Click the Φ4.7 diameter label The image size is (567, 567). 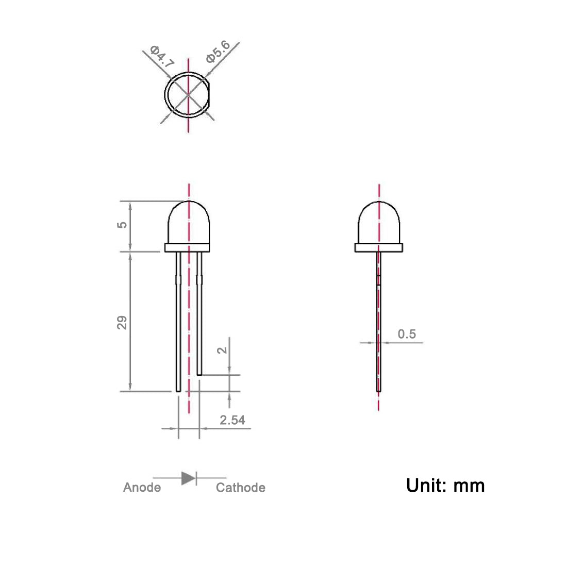pyautogui.click(x=162, y=57)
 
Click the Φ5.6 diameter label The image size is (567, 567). pyautogui.click(x=218, y=52)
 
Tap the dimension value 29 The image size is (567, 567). pyautogui.click(x=122, y=323)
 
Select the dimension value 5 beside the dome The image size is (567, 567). pyautogui.click(x=122, y=225)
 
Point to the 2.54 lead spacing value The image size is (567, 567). pyautogui.click(x=232, y=420)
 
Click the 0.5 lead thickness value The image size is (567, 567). pyautogui.click(x=407, y=334)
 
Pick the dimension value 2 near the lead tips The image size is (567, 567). pyautogui.click(x=222, y=350)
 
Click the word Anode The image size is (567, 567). pyautogui.click(x=142, y=488)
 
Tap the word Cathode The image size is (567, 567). pyautogui.click(x=240, y=488)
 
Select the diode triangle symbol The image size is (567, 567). pyautogui.click(x=188, y=478)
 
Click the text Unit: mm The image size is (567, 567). pyautogui.click(x=445, y=486)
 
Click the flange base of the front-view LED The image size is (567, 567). pyautogui.click(x=188, y=248)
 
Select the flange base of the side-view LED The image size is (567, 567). pyautogui.click(x=379, y=248)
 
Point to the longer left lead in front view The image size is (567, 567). pyautogui.click(x=178, y=330)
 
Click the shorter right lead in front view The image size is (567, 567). pyautogui.click(x=199, y=320)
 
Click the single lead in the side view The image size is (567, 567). pyautogui.click(x=379, y=330)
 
